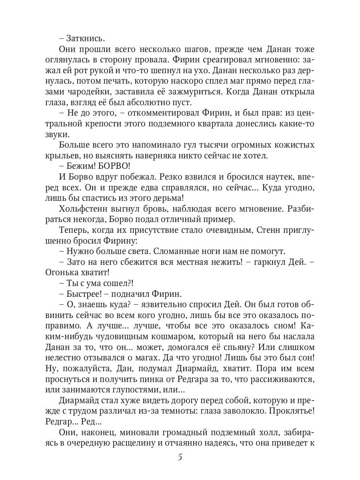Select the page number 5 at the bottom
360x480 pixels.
(180, 457)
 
